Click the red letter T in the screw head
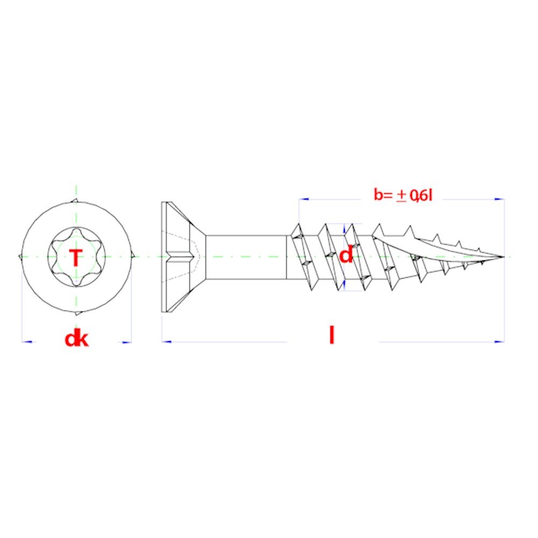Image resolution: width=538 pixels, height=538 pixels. (76, 258)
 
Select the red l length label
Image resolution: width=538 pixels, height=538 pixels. (331, 335)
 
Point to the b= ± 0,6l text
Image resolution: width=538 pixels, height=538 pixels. (403, 195)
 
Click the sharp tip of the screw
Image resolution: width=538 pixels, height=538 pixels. (504, 257)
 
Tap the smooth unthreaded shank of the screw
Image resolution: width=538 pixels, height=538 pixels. (246, 257)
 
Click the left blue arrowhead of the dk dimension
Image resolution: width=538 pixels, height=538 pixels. (27, 342)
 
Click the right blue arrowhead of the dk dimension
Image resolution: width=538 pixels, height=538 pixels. (126, 342)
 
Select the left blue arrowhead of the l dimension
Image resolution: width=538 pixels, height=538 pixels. (167, 342)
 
